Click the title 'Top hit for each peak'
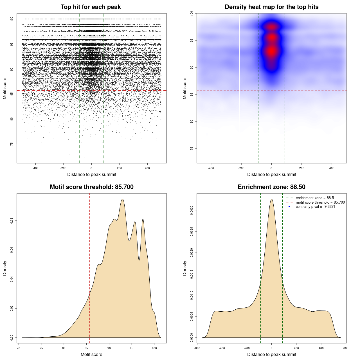pos(91,7)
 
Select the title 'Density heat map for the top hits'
pos(271,7)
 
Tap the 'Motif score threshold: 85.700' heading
pos(91,187)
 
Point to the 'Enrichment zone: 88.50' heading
pos(271,187)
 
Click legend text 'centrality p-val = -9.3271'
pos(315,207)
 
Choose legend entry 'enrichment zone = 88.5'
pos(315,198)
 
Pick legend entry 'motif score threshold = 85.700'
pos(320,202)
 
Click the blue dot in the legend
pos(289,207)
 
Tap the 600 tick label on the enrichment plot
pos(346,348)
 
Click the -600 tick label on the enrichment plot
pos(197,348)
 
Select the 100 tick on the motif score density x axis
pos(154,348)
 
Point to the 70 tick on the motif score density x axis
pos(19,348)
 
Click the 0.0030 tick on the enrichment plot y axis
pos(192,210)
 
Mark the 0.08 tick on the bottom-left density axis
pos(12,221)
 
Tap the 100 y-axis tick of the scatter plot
pos(12,19)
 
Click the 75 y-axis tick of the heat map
pos(192,148)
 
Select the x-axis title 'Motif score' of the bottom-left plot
pos(91,354)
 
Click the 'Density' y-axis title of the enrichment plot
pos(185,268)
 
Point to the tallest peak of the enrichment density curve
pos(271,199)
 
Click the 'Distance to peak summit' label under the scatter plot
pos(92,174)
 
